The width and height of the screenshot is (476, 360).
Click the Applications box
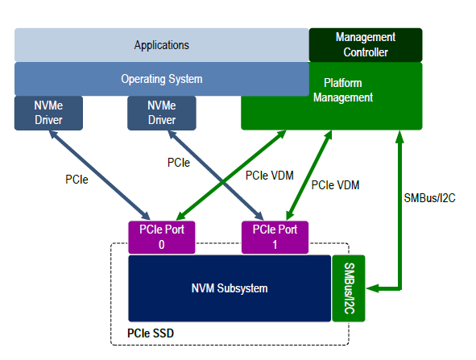(x=161, y=45)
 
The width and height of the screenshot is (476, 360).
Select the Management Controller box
(x=365, y=45)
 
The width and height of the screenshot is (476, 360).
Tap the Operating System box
(x=161, y=79)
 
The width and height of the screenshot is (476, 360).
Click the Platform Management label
(x=348, y=90)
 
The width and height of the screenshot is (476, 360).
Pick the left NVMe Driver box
(x=48, y=113)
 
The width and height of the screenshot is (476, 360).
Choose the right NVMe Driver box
(x=161, y=113)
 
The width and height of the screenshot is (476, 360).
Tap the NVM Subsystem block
(x=230, y=288)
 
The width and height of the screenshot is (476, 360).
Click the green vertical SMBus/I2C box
(x=348, y=288)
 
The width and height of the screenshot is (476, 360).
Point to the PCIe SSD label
(x=151, y=333)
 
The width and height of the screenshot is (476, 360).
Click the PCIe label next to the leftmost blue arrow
(x=77, y=180)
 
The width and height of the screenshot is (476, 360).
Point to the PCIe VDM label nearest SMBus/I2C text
(x=335, y=185)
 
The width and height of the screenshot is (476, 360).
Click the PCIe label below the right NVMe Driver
(x=179, y=163)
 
